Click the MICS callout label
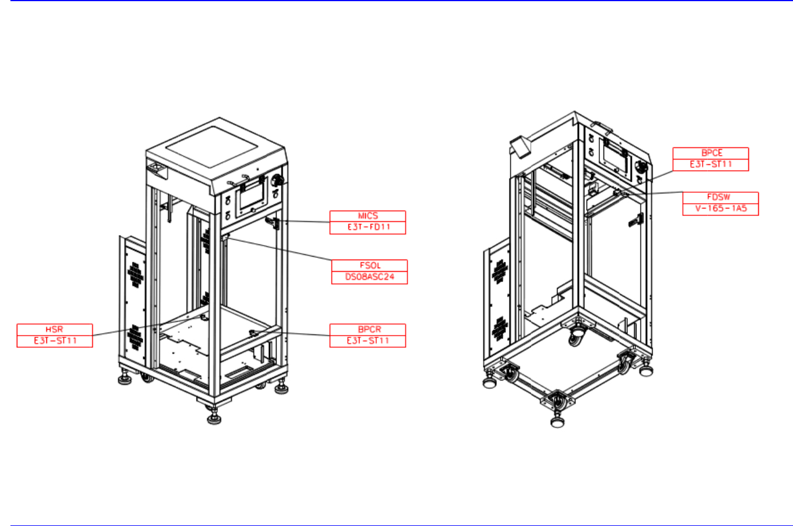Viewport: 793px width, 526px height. point(368,216)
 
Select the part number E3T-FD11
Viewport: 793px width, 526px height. point(369,227)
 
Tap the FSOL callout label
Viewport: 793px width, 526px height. point(370,265)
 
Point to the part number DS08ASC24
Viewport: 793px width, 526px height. point(370,277)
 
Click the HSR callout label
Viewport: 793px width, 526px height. point(54,329)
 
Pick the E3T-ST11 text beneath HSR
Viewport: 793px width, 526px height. point(55,341)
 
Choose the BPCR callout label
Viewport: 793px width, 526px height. point(369,329)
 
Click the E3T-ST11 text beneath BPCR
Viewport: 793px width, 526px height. point(368,341)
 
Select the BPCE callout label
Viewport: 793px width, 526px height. point(712,153)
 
